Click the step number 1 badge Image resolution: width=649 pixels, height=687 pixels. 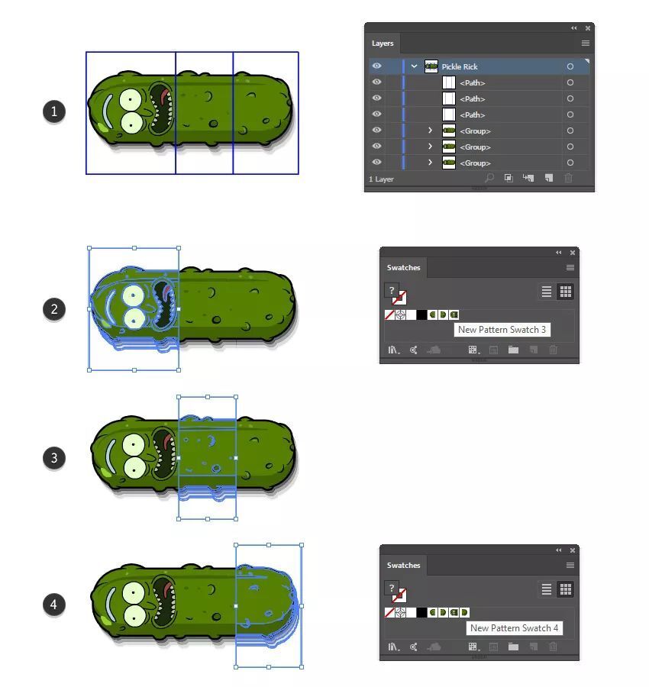pyautogui.click(x=54, y=111)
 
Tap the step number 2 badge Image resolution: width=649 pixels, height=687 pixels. pyautogui.click(x=54, y=309)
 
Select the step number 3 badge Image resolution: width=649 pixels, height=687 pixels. pyautogui.click(x=54, y=458)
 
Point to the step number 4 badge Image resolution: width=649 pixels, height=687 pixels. pyautogui.click(x=54, y=605)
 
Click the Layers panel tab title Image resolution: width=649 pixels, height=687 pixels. pyautogui.click(x=383, y=44)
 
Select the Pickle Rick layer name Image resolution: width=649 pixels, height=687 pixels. pyautogui.click(x=459, y=66)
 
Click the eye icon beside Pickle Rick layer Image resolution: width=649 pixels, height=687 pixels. pyautogui.click(x=376, y=66)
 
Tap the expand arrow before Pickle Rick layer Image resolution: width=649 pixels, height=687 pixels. pyautogui.click(x=414, y=66)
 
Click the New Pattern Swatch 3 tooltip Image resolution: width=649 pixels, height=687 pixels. pyautogui.click(x=502, y=330)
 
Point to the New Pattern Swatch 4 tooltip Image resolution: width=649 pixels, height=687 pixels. pyautogui.click(x=515, y=628)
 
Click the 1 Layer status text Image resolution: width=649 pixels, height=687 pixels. pyautogui.click(x=381, y=179)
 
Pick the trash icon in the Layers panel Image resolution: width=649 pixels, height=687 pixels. pyautogui.click(x=568, y=178)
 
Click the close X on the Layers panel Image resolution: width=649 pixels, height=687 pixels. pyautogui.click(x=588, y=28)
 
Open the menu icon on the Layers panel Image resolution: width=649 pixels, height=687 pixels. pyautogui.click(x=586, y=43)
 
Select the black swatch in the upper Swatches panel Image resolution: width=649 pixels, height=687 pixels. pyautogui.click(x=421, y=315)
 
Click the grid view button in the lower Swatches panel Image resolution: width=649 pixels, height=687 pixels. pyautogui.click(x=566, y=589)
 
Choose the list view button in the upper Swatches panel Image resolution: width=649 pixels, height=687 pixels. pyautogui.click(x=547, y=292)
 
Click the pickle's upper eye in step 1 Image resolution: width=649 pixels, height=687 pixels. pyautogui.click(x=131, y=100)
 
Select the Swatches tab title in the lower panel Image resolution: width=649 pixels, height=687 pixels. pyautogui.click(x=404, y=565)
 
